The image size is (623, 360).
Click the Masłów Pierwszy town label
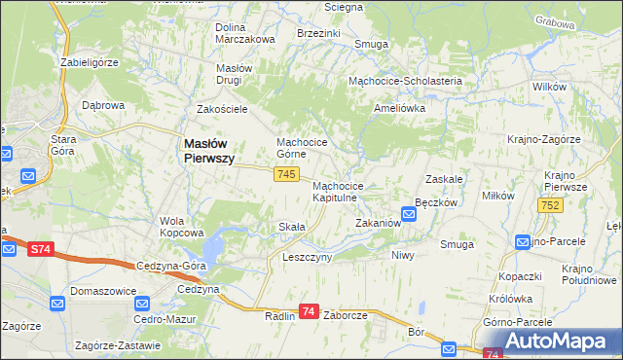[208, 150]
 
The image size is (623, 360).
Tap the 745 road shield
[285, 173]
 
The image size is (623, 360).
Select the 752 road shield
[549, 204]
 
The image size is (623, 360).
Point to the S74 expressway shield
[39, 249]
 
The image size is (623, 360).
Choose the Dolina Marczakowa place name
[244, 32]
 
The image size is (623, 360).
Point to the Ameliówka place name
[400, 109]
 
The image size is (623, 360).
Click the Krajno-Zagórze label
[543, 139]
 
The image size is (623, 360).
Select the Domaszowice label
[101, 291]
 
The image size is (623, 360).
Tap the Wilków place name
[550, 87]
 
